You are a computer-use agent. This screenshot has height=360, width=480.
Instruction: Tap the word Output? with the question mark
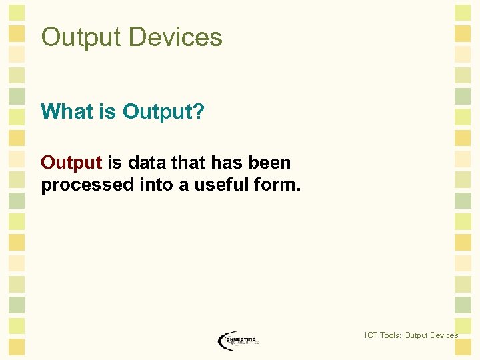coord(163,111)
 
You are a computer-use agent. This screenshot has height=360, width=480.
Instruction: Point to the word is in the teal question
coord(109,111)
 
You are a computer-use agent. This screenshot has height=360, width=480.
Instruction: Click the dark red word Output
coord(71,163)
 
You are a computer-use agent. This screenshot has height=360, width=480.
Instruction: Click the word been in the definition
coord(271,163)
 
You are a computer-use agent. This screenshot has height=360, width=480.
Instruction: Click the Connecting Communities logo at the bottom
coord(238,341)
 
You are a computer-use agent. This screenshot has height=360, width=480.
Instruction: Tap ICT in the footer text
coord(371,335)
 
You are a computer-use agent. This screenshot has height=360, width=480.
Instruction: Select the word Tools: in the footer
coord(391,335)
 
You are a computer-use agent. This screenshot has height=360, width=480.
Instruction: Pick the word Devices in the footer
coord(444,335)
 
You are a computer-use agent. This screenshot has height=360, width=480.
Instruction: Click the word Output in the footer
coord(417,335)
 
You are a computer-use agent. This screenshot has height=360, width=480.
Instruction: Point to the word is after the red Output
coord(115,163)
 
